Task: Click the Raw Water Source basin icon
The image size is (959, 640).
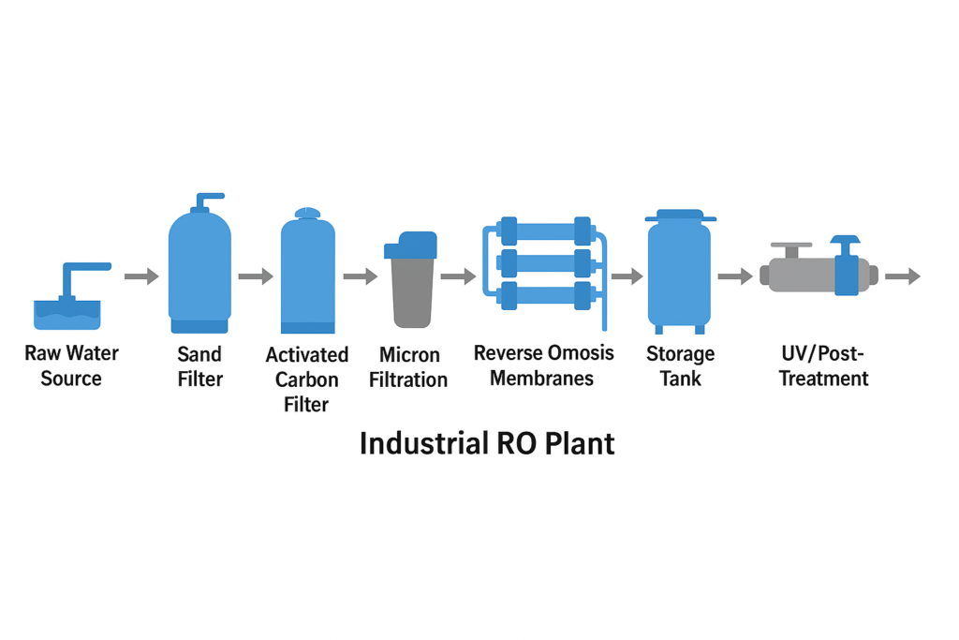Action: click(x=67, y=311)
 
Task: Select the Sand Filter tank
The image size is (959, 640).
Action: click(x=199, y=267)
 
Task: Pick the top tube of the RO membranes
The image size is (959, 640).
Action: click(x=543, y=231)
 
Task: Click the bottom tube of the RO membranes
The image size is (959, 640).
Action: click(x=543, y=296)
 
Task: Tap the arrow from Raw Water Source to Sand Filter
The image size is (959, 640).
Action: click(x=141, y=276)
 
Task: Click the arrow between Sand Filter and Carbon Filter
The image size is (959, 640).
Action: click(x=255, y=276)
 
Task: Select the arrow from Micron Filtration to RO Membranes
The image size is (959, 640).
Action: click(x=458, y=276)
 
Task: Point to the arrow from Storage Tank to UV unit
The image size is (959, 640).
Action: click(x=735, y=276)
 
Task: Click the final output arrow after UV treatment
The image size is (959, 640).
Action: click(x=902, y=276)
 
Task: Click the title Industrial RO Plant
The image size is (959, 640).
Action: click(x=487, y=442)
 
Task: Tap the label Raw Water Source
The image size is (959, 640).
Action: click(x=71, y=366)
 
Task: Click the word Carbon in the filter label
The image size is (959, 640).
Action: click(x=306, y=380)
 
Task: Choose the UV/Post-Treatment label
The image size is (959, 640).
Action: click(x=824, y=366)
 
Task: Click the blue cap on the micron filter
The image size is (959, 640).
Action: click(x=410, y=246)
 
